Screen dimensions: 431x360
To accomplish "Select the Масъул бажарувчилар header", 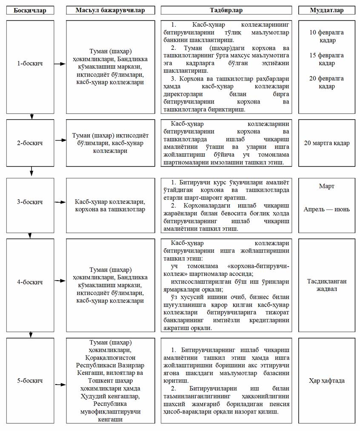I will (110, 9).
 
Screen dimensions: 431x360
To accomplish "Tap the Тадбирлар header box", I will (226, 9).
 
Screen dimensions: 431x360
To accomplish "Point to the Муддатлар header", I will (326, 9).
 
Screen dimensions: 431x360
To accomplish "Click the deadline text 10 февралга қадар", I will (326, 36).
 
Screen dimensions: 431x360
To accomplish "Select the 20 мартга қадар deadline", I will (326, 143).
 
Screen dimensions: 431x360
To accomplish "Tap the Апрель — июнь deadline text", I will (326, 210).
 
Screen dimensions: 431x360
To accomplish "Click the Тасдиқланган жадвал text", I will (326, 285).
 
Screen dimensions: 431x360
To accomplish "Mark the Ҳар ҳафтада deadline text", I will (326, 380).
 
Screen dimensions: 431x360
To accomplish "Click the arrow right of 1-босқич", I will (60, 63).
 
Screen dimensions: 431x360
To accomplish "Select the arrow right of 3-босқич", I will (60, 203).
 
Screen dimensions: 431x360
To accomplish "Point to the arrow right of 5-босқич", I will (60, 380).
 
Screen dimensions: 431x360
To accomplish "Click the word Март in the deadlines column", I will (326, 187).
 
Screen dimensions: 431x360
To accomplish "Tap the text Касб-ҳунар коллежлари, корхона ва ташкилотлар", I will (110, 205).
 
